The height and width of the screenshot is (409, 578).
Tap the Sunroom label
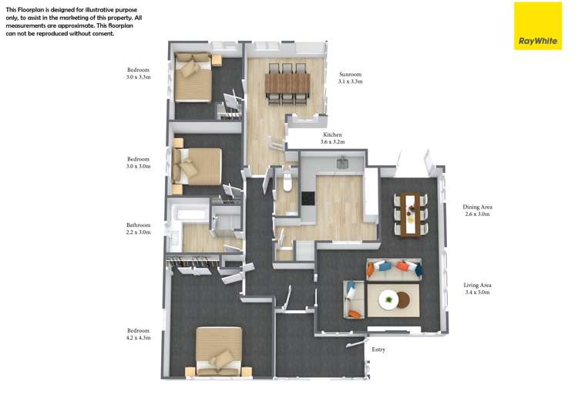350,77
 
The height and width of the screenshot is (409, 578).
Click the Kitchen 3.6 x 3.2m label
333,138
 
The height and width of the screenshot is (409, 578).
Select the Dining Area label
477,210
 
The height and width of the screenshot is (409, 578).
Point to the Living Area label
478,289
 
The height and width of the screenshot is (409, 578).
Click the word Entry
378,350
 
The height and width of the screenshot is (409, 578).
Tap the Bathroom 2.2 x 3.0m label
139,228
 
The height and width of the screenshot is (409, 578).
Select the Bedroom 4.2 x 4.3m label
138,334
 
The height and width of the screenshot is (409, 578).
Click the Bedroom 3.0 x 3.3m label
139,73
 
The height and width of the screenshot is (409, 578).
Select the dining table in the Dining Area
410,212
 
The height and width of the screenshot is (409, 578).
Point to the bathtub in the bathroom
189,211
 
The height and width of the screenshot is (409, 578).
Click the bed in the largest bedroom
219,351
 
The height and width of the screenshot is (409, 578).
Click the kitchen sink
343,162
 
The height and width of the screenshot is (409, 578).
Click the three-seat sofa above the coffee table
393,269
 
